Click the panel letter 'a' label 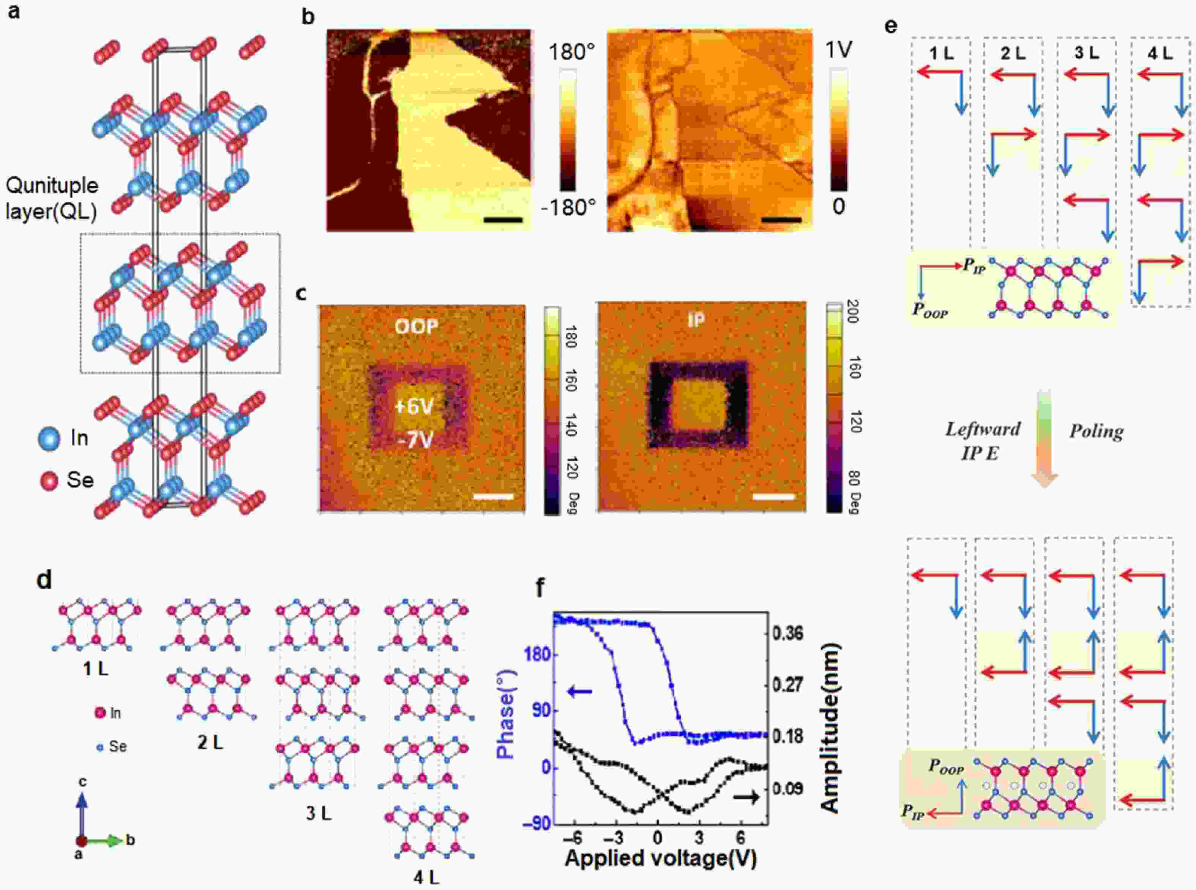(x=14, y=12)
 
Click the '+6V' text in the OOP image (x=413, y=406)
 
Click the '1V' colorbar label (x=839, y=51)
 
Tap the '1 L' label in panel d (x=95, y=669)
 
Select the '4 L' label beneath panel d (x=426, y=877)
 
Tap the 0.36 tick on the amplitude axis (x=788, y=634)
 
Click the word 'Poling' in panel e (x=1097, y=432)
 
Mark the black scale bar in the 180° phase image (x=503, y=220)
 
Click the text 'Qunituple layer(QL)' (x=52, y=198)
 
